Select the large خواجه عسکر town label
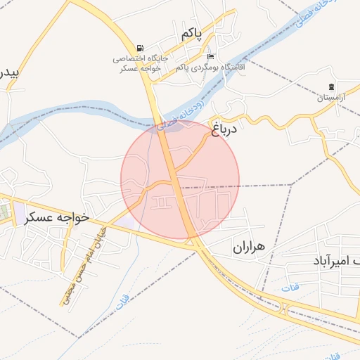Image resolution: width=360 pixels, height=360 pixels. (x=58, y=217)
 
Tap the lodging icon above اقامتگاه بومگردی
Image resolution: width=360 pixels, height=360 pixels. (x=210, y=57)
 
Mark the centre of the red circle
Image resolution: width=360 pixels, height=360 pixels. (x=180, y=179)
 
